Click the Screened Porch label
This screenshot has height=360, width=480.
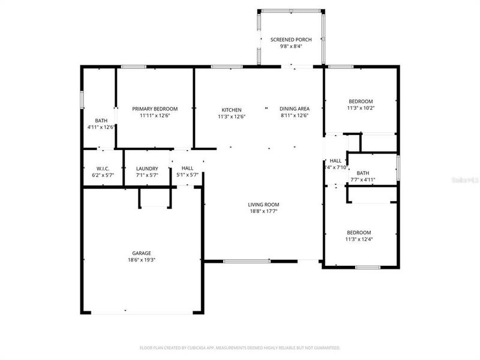click(x=291, y=40)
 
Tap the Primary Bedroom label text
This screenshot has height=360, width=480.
click(x=154, y=109)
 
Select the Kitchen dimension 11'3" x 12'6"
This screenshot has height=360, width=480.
click(x=232, y=116)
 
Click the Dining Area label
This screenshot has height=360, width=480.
click(x=294, y=109)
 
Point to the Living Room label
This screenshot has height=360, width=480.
click(x=263, y=204)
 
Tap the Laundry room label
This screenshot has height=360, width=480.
click(x=147, y=169)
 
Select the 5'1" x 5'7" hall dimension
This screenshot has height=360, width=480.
click(x=187, y=175)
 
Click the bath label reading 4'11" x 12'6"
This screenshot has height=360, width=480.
click(x=101, y=127)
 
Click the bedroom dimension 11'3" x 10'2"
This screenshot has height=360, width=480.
click(x=360, y=108)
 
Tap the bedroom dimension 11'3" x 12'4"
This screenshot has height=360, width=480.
click(x=359, y=239)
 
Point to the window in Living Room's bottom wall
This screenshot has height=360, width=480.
click(x=246, y=260)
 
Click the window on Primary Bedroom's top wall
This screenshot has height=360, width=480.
click(x=130, y=67)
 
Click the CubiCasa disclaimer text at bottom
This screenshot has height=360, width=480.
click(x=240, y=347)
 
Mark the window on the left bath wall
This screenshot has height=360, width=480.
click(x=82, y=100)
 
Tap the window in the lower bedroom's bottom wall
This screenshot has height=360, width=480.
click(x=368, y=266)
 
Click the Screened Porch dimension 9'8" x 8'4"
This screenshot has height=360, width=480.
click(x=291, y=47)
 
